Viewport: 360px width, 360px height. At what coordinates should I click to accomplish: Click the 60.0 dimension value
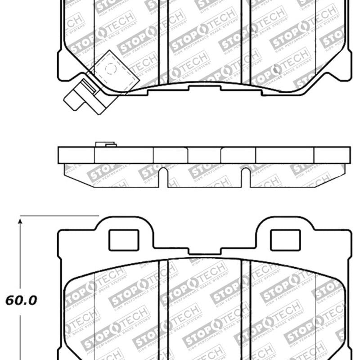pyautogui.click(x=21, y=300)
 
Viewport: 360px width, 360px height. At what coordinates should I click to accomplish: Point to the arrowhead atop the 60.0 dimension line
pyautogui.click(x=20, y=221)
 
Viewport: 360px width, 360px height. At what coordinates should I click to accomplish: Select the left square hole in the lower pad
pyautogui.click(x=124, y=240)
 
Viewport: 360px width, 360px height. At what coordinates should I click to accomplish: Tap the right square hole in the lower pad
pyautogui.click(x=285, y=240)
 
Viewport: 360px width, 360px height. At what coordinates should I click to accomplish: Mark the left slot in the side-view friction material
pyautogui.click(x=163, y=178)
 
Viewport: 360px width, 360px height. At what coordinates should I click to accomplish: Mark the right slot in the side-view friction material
pyautogui.click(x=246, y=178)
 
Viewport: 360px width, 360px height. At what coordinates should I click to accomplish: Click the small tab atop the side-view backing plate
pyautogui.click(x=106, y=144)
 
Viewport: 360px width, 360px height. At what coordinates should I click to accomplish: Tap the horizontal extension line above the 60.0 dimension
pyautogui.click(x=58, y=216)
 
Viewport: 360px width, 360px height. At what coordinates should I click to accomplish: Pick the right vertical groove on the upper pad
pyautogui.click(x=246, y=40)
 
